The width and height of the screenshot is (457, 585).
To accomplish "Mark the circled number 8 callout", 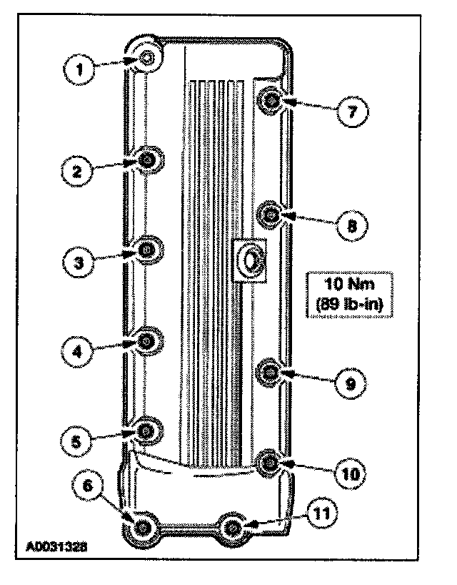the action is pos(352,225).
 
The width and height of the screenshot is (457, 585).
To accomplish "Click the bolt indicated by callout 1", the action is pos(146,58).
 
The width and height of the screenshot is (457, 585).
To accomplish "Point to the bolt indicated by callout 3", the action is pos(146,250).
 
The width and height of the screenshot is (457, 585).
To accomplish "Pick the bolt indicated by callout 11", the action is pos(232,529).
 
